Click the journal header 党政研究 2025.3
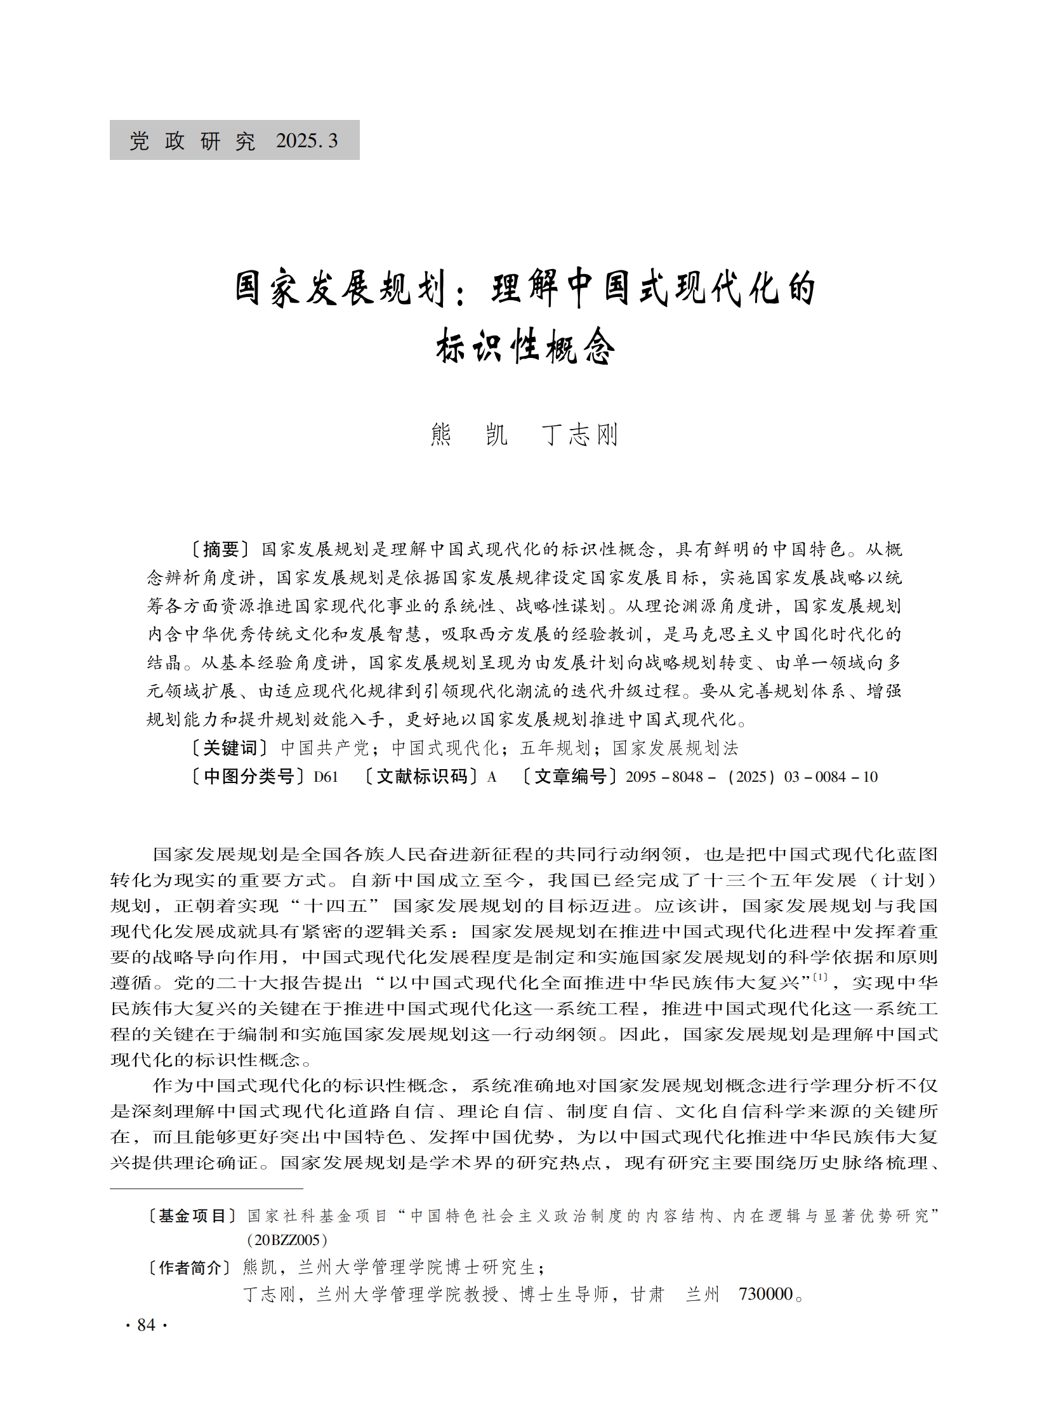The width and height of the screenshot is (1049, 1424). [234, 140]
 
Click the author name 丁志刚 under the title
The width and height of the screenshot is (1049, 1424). [580, 435]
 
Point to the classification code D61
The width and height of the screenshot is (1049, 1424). [326, 777]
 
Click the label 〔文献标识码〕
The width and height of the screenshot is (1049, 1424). [421, 777]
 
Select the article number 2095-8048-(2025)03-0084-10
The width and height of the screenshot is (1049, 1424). [751, 777]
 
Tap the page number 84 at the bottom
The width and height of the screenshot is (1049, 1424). [146, 1324]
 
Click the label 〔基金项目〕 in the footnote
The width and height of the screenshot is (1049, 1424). [192, 1215]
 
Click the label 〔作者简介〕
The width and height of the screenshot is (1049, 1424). [192, 1267]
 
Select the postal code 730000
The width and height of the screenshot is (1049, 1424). [767, 1294]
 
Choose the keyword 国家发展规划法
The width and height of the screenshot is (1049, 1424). [675, 748]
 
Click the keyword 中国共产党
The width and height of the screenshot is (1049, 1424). [324, 748]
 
